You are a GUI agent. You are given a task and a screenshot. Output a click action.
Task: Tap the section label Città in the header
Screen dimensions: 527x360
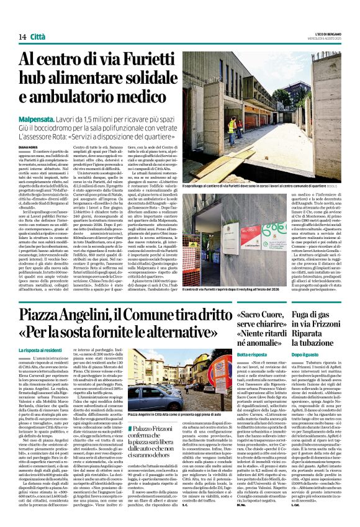coord(38,19)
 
